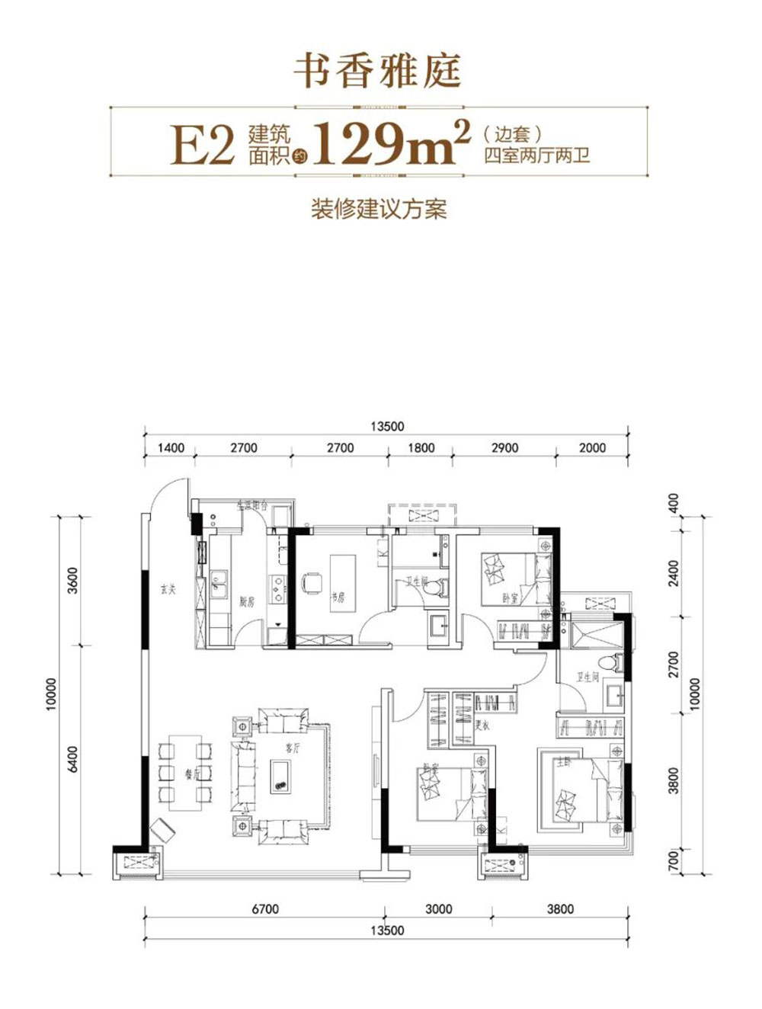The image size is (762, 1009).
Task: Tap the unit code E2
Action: click(202, 145)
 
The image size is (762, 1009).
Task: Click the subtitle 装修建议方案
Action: click(379, 208)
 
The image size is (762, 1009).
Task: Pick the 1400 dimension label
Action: click(170, 447)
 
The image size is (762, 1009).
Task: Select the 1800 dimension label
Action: click(421, 447)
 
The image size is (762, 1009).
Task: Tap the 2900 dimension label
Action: click(504, 447)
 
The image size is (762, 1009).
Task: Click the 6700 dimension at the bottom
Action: click(264, 908)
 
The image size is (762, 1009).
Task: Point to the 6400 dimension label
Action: click(73, 759)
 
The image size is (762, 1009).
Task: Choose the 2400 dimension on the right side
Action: click(673, 572)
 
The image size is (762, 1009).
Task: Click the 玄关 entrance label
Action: click(168, 589)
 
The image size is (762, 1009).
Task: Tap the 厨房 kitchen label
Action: click(246, 602)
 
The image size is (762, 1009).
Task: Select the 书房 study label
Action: click(338, 598)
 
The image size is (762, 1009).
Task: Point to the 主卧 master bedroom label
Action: click(562, 762)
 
